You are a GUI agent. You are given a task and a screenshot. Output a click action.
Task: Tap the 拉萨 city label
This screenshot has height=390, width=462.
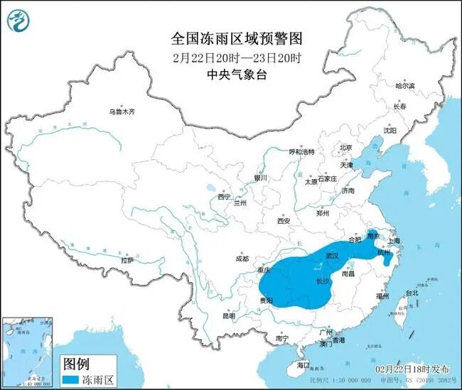tap(127, 260)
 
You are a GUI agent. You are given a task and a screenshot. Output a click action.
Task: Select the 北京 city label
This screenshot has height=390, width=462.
tap(346, 148)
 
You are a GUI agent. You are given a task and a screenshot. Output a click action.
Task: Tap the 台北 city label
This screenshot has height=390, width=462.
tap(412, 293)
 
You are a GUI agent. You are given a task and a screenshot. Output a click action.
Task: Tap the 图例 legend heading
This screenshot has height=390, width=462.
tap(77, 364)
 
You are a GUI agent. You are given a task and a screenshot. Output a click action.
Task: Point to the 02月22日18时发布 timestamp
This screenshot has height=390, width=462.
tap(412, 369)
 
